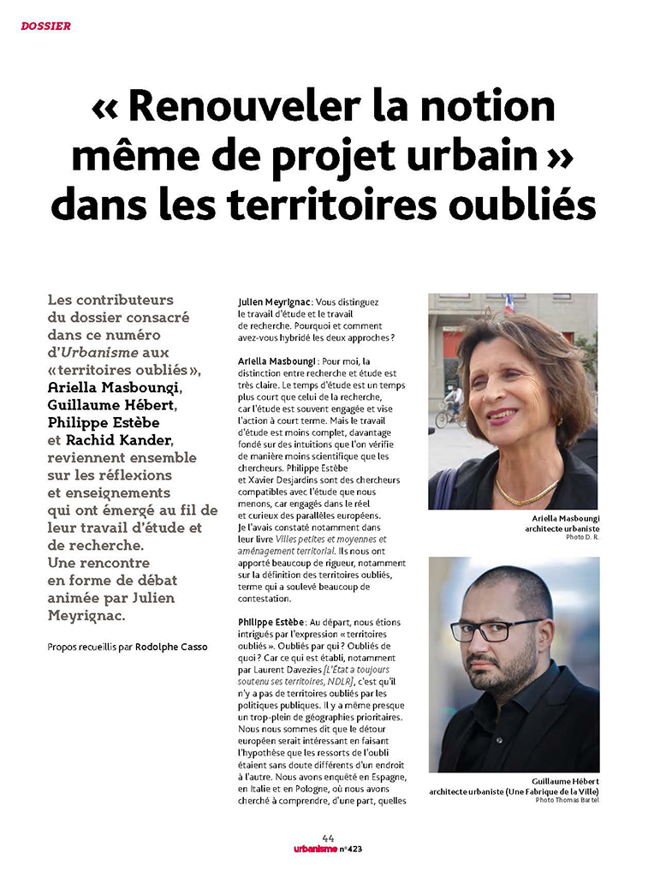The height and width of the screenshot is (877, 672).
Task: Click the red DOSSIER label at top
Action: point(46,27)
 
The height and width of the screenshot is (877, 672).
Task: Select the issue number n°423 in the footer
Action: point(349,850)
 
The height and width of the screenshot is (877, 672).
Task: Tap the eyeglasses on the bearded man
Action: point(497,629)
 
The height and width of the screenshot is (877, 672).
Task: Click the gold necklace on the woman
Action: point(525,495)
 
